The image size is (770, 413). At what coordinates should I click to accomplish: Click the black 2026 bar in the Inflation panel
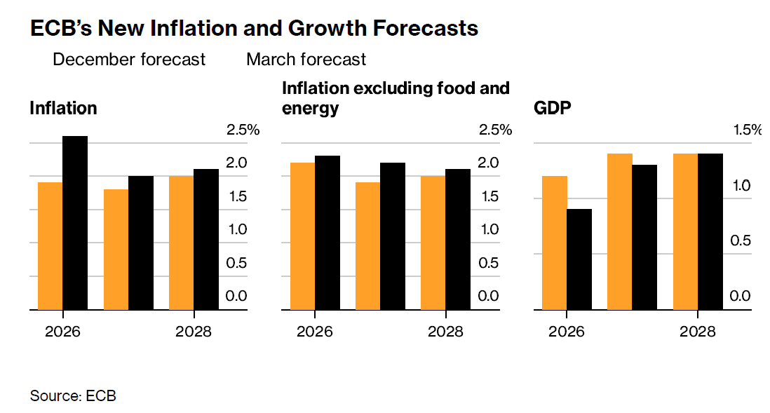pyautogui.click(x=75, y=223)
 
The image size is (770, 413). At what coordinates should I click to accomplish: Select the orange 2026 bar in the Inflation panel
pyautogui.click(x=50, y=246)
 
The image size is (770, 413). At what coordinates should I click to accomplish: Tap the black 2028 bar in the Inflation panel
pyautogui.click(x=206, y=239)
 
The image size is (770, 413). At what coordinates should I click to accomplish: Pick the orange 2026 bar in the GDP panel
pyautogui.click(x=555, y=243)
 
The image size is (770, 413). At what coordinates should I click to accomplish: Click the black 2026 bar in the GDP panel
pyautogui.click(x=579, y=259)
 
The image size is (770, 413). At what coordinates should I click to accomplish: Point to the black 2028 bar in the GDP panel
pyautogui.click(x=710, y=231)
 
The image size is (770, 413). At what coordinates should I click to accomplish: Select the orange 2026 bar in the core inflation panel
pyautogui.click(x=302, y=236)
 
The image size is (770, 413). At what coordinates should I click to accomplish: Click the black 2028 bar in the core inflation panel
pyautogui.click(x=459, y=239)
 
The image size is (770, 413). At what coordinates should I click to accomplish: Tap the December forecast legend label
pyautogui.click(x=129, y=60)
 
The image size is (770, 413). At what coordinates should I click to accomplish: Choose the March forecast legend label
pyautogui.click(x=306, y=60)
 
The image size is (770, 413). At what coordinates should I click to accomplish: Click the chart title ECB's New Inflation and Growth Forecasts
pyautogui.click(x=254, y=28)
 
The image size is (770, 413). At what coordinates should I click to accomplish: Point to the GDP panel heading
pyautogui.click(x=553, y=109)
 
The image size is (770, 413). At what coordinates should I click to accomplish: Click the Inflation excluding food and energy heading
pyautogui.click(x=396, y=98)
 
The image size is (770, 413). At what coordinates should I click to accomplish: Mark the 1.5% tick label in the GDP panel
pyautogui.click(x=747, y=130)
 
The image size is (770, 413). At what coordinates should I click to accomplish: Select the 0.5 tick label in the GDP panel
pyautogui.click(x=740, y=241)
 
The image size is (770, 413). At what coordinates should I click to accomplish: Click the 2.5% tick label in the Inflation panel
pyautogui.click(x=243, y=130)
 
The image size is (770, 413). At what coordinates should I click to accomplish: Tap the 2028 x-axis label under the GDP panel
pyautogui.click(x=698, y=331)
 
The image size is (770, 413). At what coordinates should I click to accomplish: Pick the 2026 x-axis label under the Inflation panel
pyautogui.click(x=62, y=331)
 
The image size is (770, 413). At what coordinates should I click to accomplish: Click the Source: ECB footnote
pyautogui.click(x=73, y=396)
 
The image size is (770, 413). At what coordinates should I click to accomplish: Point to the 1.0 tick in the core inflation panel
pyautogui.click(x=488, y=229)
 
